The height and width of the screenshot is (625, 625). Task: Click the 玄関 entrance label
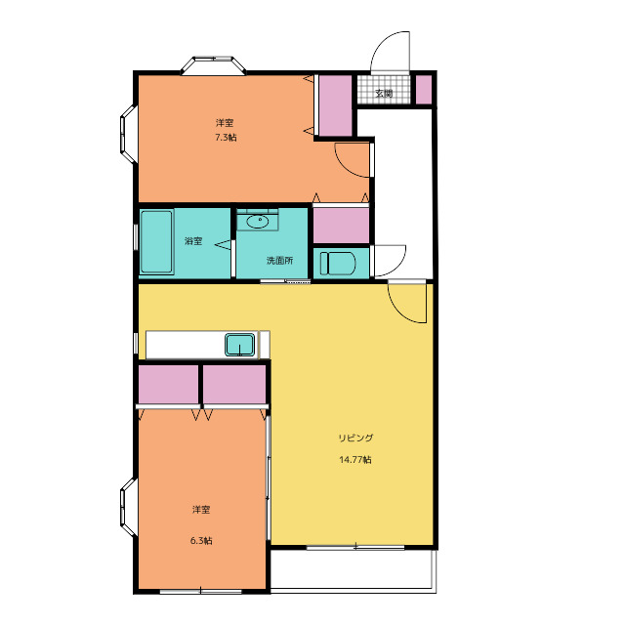point(384,94)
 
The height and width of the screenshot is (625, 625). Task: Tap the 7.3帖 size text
point(226,138)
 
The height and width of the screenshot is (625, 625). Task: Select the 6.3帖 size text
point(201,541)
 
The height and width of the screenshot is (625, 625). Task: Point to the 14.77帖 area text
point(355,460)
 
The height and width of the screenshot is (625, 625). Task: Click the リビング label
point(355,437)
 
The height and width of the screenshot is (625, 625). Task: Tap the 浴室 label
point(193,241)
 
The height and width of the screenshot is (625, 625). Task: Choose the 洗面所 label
point(280,261)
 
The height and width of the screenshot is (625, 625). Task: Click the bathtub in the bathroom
point(156,242)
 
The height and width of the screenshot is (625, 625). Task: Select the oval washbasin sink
point(258,222)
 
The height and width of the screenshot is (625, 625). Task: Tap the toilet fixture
point(338,263)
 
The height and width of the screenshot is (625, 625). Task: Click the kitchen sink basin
point(240,345)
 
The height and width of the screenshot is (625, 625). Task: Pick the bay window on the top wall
point(213,65)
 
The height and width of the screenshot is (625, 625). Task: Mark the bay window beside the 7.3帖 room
point(129,135)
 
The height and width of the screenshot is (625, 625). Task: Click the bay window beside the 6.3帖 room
point(129,507)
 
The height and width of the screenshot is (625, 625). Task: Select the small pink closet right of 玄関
point(424,90)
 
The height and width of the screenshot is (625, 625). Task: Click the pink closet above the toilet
point(341,226)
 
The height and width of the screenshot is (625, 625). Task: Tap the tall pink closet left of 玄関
point(336,105)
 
